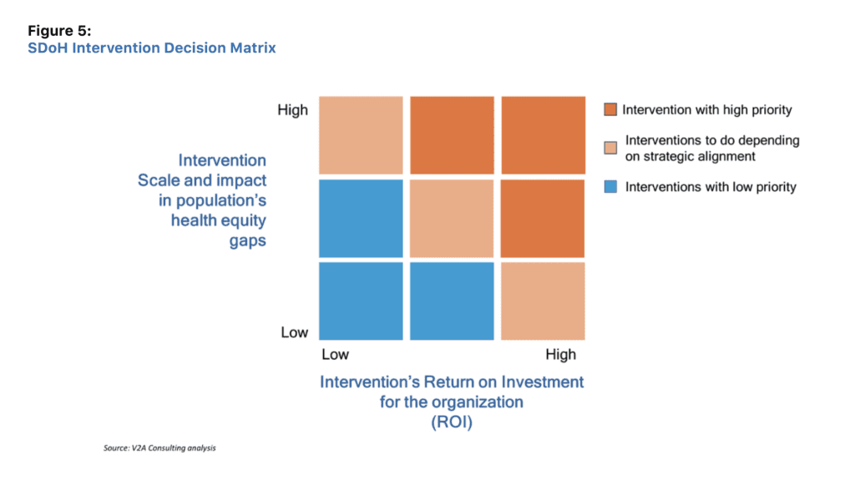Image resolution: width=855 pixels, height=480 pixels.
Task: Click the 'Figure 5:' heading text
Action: point(59,31)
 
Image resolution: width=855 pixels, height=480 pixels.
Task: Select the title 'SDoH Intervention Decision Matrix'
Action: point(152,48)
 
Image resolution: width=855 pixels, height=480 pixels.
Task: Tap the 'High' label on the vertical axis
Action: point(293,109)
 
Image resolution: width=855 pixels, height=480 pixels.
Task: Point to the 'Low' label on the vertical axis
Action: point(295,332)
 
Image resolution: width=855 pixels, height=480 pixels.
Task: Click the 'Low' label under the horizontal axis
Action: point(336,355)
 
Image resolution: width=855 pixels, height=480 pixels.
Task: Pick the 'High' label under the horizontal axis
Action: point(560,355)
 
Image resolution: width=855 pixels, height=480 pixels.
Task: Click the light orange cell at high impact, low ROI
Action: point(361,135)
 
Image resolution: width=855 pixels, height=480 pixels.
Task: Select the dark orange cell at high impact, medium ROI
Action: point(452,135)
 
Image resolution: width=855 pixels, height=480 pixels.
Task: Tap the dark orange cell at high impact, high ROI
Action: point(543,135)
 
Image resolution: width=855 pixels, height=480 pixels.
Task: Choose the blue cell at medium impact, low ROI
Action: point(361,218)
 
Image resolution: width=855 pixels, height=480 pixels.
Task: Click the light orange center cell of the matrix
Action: point(452,218)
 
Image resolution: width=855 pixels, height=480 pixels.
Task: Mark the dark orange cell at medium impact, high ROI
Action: point(543,218)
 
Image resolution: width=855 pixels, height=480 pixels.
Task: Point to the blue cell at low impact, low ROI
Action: point(361,301)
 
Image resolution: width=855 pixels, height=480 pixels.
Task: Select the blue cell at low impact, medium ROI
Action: point(452,301)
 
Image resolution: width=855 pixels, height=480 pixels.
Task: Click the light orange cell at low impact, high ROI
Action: point(543,301)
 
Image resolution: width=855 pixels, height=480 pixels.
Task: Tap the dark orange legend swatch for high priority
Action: point(610,109)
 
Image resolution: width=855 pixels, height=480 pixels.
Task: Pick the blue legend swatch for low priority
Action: point(610,186)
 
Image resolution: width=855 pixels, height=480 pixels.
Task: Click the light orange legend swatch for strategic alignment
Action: point(610,148)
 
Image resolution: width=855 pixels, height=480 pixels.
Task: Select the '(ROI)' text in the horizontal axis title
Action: point(452,422)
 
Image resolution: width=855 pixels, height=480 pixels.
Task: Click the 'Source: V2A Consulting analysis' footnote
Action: point(159,447)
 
